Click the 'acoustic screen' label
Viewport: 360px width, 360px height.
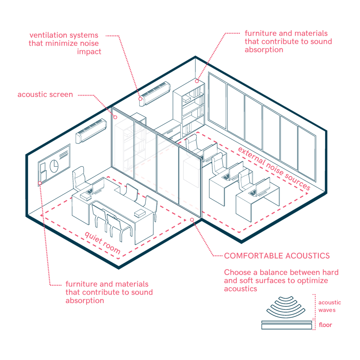tap(45, 95)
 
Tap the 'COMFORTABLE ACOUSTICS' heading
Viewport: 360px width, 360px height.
tap(277, 256)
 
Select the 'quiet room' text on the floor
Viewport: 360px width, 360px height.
tap(102, 243)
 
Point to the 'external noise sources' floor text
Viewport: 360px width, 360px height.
tap(274, 168)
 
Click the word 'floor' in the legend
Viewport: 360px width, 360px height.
tap(325, 324)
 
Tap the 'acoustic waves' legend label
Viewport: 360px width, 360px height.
tap(329, 306)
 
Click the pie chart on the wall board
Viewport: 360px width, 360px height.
tap(54, 166)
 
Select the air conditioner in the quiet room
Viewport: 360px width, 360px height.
tap(91, 131)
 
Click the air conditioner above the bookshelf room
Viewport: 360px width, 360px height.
tap(155, 94)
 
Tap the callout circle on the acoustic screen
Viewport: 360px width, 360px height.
tap(115, 117)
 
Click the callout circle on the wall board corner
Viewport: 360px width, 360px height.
tap(40, 183)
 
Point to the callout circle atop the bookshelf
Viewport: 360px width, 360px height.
tap(197, 81)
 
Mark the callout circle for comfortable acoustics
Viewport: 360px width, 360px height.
tap(192, 220)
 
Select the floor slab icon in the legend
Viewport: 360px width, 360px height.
tap(287, 325)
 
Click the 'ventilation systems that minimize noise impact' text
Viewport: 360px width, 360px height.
tap(65, 43)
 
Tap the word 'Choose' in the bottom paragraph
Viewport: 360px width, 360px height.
tap(238, 272)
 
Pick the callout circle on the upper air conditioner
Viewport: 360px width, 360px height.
tap(140, 99)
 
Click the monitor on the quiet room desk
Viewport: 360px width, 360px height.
tap(98, 186)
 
